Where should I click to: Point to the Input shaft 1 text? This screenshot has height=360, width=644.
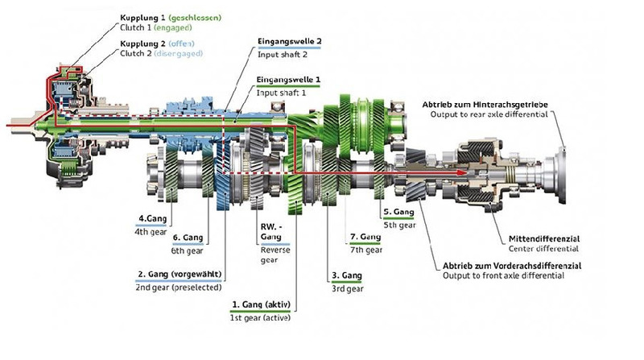click(x=283, y=93)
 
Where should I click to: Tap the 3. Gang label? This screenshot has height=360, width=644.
click(x=346, y=275)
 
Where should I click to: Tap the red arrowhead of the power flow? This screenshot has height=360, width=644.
click(x=462, y=172)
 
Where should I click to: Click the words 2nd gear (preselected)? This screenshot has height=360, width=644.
click(x=178, y=288)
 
